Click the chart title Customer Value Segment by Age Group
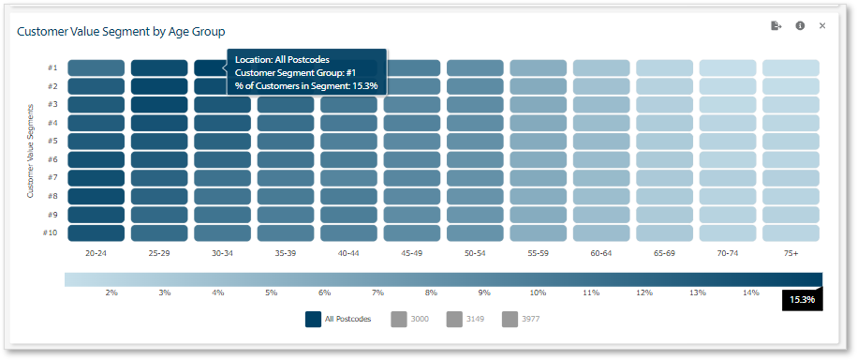(x=121, y=32)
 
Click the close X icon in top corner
(x=822, y=26)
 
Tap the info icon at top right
(x=800, y=26)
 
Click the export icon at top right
(x=776, y=26)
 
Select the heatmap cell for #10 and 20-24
(x=96, y=232)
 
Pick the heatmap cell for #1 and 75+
(x=791, y=67)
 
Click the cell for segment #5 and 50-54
(x=475, y=141)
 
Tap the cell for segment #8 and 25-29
(x=158, y=196)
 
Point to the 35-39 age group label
(x=286, y=253)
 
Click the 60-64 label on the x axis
(x=601, y=253)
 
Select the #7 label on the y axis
(x=52, y=177)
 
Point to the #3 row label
(x=52, y=104)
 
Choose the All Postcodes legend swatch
(x=315, y=319)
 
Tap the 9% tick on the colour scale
(x=483, y=293)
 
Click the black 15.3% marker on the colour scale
(x=802, y=299)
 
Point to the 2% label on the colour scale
(x=111, y=293)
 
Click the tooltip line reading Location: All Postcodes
(x=282, y=60)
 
